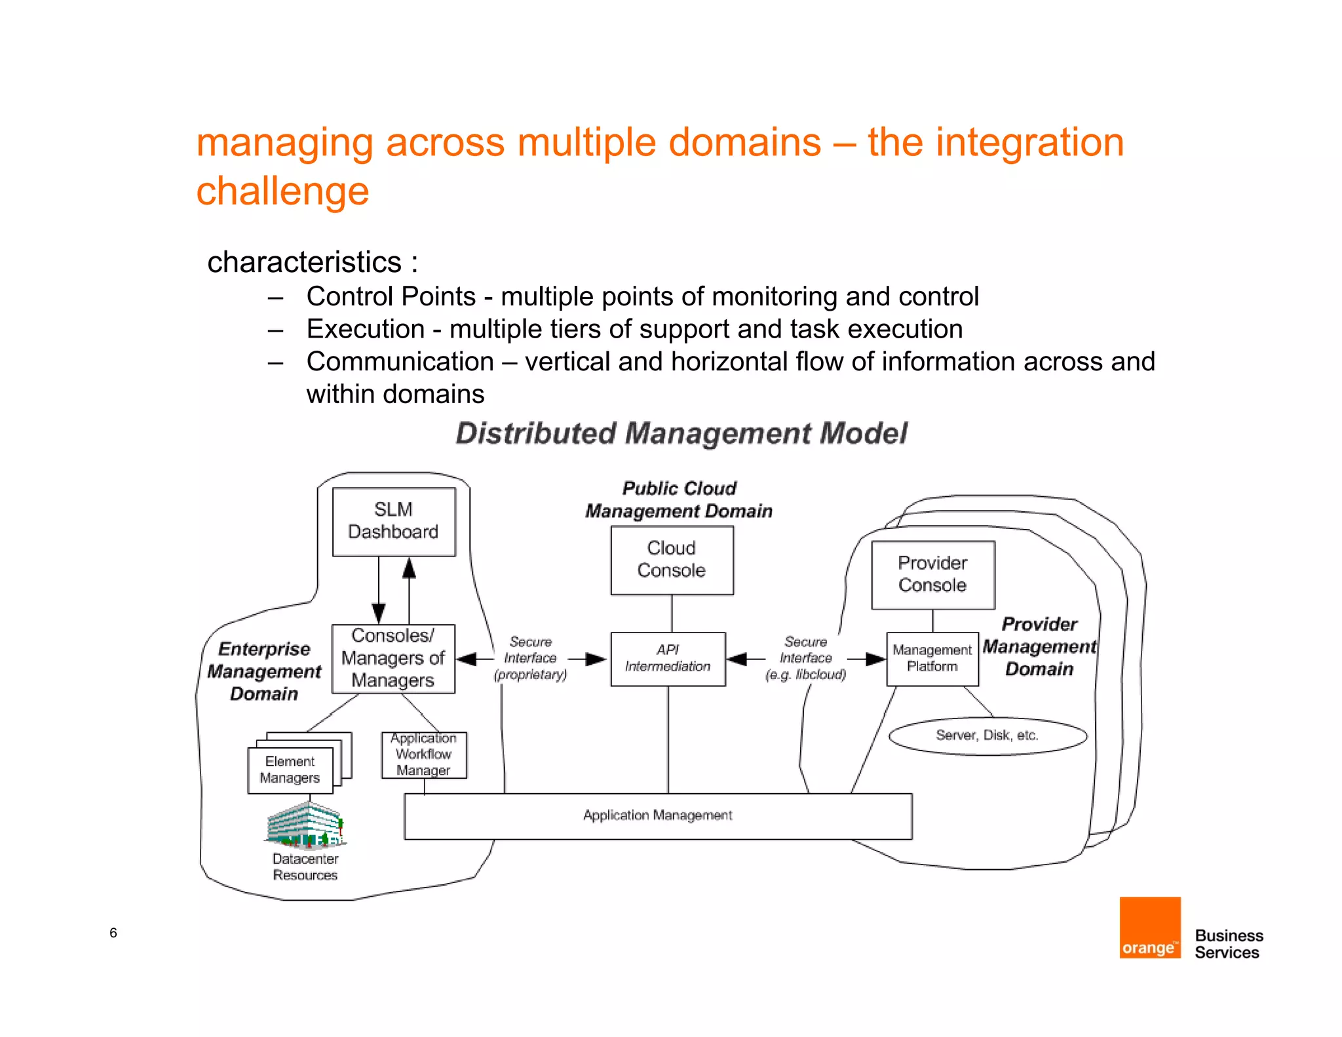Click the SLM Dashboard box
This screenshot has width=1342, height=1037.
(393, 521)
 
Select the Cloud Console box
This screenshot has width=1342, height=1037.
(671, 560)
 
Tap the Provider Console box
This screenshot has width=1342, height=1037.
(932, 574)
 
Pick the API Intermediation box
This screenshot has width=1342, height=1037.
(667, 658)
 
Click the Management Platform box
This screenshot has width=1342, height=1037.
(932, 658)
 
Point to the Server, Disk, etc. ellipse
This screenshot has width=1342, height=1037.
(987, 735)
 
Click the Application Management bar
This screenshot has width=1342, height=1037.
(657, 815)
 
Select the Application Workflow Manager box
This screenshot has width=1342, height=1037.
(423, 754)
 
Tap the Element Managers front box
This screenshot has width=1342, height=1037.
(290, 770)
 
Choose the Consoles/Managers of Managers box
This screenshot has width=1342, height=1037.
(393, 658)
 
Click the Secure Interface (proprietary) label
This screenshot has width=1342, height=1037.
(530, 658)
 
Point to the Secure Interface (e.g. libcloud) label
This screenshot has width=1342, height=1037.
(805, 658)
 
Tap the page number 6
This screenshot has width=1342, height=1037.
(113, 932)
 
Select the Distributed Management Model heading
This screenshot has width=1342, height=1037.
(681, 433)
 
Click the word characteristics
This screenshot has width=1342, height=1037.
(305, 262)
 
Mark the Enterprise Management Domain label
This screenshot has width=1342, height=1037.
(264, 671)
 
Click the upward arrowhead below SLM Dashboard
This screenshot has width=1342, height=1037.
(409, 568)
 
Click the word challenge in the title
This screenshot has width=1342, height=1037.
(282, 191)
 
